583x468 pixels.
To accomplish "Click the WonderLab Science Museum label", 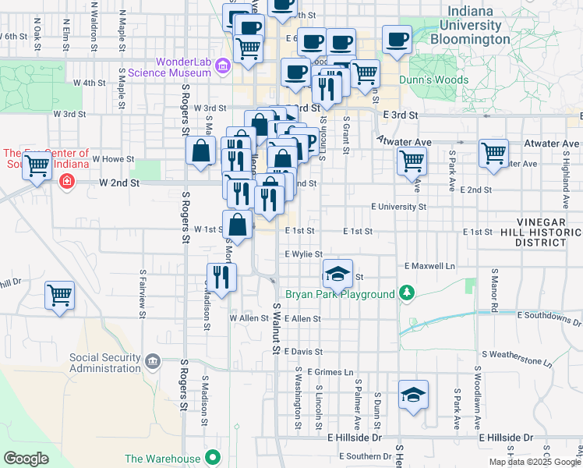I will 183,67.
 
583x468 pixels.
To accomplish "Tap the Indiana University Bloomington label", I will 471,24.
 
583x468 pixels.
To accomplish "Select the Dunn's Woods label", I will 433,80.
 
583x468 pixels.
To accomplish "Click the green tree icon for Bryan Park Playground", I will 405,294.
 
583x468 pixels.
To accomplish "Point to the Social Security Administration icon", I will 153,362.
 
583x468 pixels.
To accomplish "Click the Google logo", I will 26,459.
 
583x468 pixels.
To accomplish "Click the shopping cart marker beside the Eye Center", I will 36,166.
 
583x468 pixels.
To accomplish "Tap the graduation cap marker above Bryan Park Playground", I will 338,274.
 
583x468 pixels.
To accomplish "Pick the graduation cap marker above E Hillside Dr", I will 413,395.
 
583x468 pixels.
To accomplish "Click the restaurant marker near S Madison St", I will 221,278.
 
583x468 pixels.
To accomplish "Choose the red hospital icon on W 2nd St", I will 67,182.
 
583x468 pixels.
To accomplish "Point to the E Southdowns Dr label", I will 549,315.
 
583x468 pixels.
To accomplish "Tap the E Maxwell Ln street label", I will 429,266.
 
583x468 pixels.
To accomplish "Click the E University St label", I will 398,207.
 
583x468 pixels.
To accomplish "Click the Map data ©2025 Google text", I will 534,462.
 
